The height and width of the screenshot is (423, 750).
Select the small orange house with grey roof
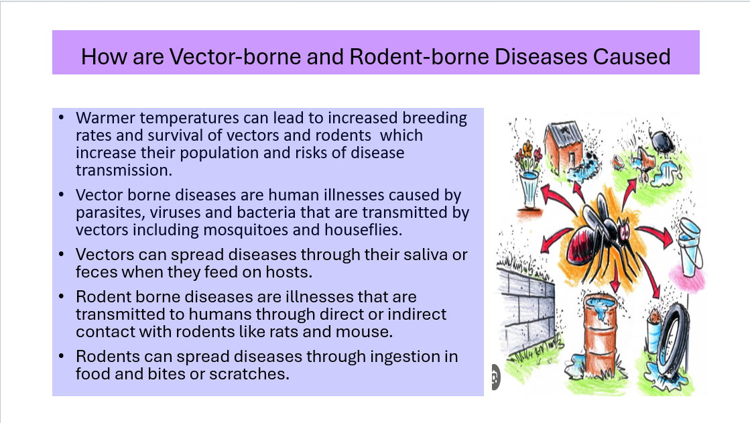[564, 148]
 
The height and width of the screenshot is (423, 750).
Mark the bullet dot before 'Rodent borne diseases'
[62, 297]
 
